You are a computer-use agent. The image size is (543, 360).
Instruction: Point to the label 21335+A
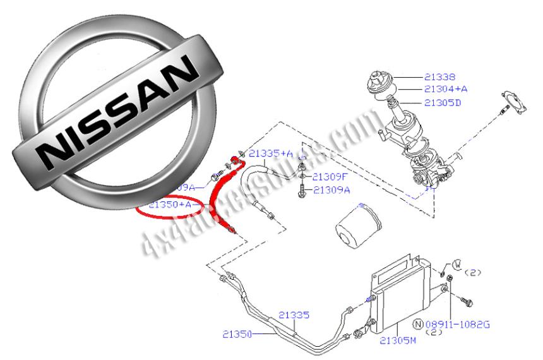[271, 153]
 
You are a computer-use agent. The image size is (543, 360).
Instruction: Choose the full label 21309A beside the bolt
[331, 189]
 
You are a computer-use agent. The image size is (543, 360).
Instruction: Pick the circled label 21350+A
[170, 205]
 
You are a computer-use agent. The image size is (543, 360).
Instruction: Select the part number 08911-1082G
[456, 324]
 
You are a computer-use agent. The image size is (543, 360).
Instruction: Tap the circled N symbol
[417, 324]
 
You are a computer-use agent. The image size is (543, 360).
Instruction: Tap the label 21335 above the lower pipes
[294, 315]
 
